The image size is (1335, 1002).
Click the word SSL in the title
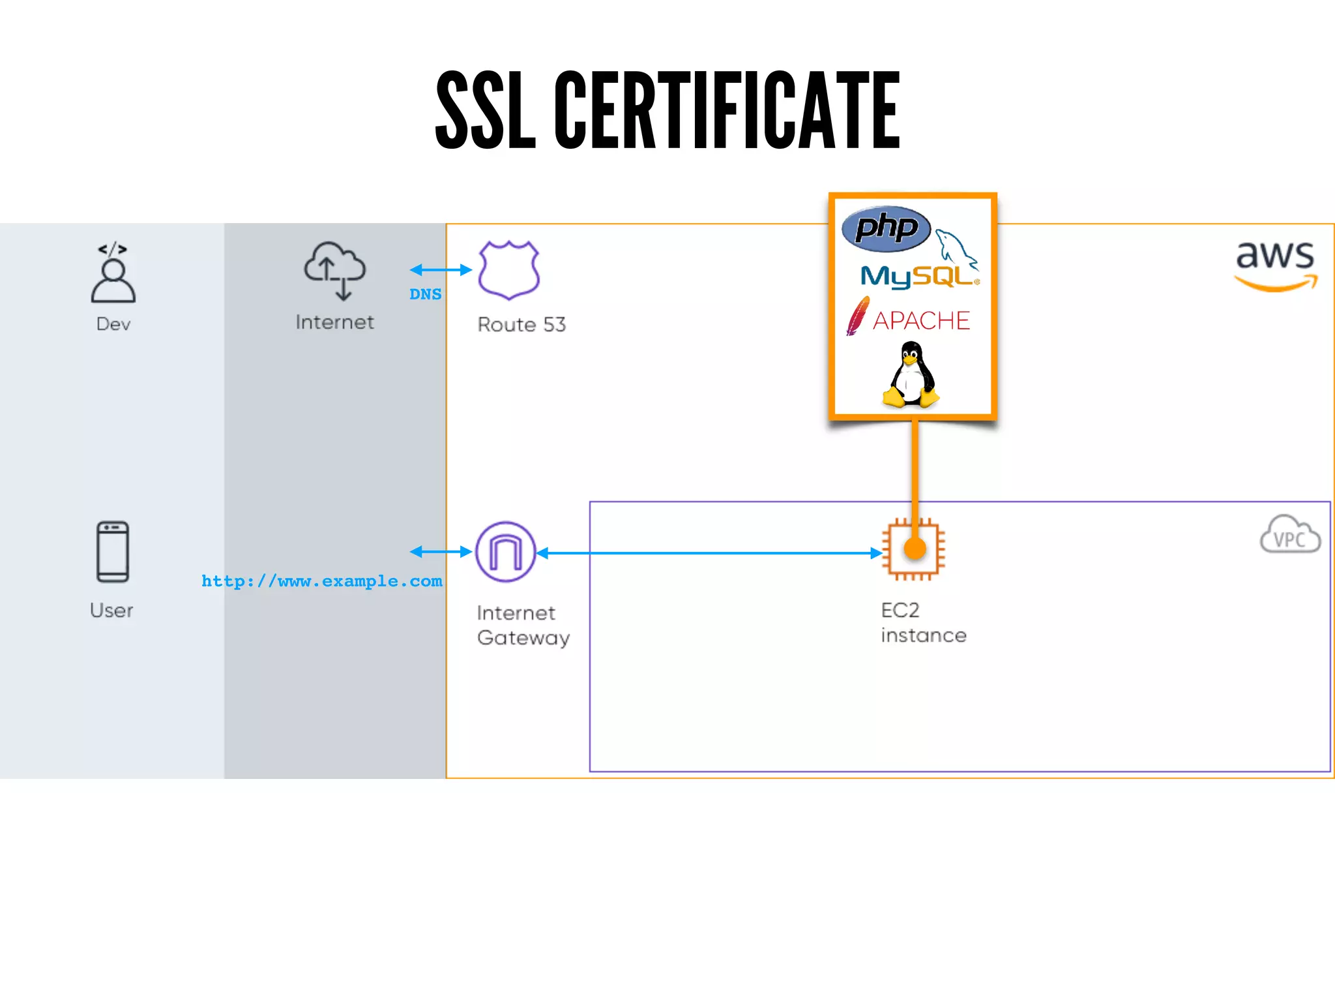485,111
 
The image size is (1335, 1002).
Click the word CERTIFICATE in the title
727,111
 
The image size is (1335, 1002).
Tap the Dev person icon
113,274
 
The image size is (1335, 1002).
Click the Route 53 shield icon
508,269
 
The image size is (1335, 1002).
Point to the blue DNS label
425,294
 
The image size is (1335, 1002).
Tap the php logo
886,228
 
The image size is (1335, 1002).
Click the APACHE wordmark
921,320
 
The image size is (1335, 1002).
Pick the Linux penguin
911,375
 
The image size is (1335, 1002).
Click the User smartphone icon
113,552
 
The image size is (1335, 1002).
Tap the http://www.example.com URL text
321,581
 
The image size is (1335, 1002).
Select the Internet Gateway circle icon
506,552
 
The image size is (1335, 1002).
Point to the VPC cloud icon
1290,535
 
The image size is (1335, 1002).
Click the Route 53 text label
521,325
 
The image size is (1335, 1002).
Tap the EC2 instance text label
923,623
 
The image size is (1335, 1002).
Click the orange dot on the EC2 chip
915,549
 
